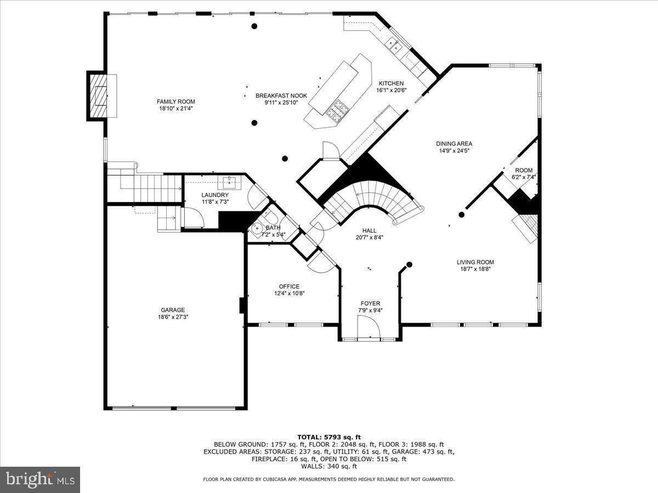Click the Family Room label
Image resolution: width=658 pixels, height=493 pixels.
pyautogui.click(x=175, y=101)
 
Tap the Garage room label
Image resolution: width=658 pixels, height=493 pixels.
pyautogui.click(x=173, y=309)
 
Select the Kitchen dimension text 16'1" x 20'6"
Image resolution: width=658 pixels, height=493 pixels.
pyautogui.click(x=390, y=90)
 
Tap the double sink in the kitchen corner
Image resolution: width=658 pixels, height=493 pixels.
pyautogui.click(x=394, y=44)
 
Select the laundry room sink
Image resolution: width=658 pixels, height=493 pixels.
pyautogui.click(x=229, y=182)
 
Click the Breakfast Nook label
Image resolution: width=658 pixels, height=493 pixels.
pyautogui.click(x=281, y=95)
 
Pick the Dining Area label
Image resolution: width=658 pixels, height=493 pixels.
pyautogui.click(x=454, y=144)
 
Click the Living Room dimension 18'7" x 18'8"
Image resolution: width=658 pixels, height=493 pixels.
pyautogui.click(x=475, y=269)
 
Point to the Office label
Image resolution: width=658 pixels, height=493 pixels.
pyautogui.click(x=289, y=286)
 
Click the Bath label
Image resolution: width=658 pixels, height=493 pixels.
pyautogui.click(x=273, y=227)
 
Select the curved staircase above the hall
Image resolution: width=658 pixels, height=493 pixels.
pyautogui.click(x=378, y=200)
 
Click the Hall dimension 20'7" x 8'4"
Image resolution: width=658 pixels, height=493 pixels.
pyautogui.click(x=369, y=238)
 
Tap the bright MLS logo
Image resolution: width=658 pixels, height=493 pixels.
pyautogui.click(x=40, y=480)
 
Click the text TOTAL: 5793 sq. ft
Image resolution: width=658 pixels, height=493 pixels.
pyautogui.click(x=329, y=437)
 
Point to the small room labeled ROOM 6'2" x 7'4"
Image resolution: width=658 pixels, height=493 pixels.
pyautogui.click(x=523, y=174)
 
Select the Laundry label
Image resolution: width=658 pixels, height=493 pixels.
pyautogui.click(x=214, y=195)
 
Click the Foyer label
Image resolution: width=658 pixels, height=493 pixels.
pyautogui.click(x=370, y=303)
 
